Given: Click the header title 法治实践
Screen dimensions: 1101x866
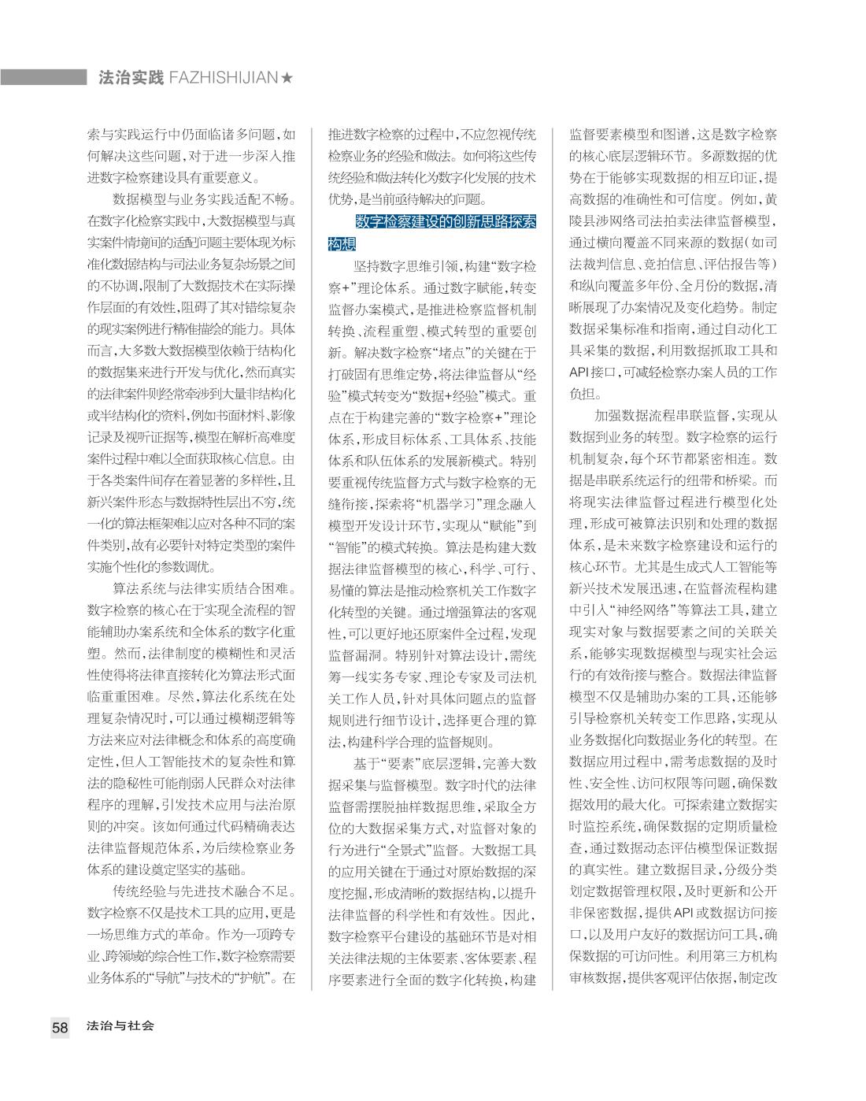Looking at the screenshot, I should [131, 77].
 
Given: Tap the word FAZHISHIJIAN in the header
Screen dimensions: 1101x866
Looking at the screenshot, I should [224, 77].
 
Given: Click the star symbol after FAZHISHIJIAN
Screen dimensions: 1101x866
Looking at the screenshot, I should [287, 77].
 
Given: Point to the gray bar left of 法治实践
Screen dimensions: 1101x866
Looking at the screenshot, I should [43, 77].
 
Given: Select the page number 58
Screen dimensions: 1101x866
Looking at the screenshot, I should [61, 1027].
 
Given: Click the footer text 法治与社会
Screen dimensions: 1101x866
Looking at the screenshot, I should [120, 1026].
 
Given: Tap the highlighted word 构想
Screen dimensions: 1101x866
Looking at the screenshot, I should [342, 244].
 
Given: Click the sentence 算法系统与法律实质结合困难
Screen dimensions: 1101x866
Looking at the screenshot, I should [205, 588].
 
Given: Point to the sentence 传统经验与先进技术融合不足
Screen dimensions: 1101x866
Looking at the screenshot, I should [205, 892].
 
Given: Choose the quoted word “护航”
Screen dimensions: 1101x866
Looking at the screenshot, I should [250, 979].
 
